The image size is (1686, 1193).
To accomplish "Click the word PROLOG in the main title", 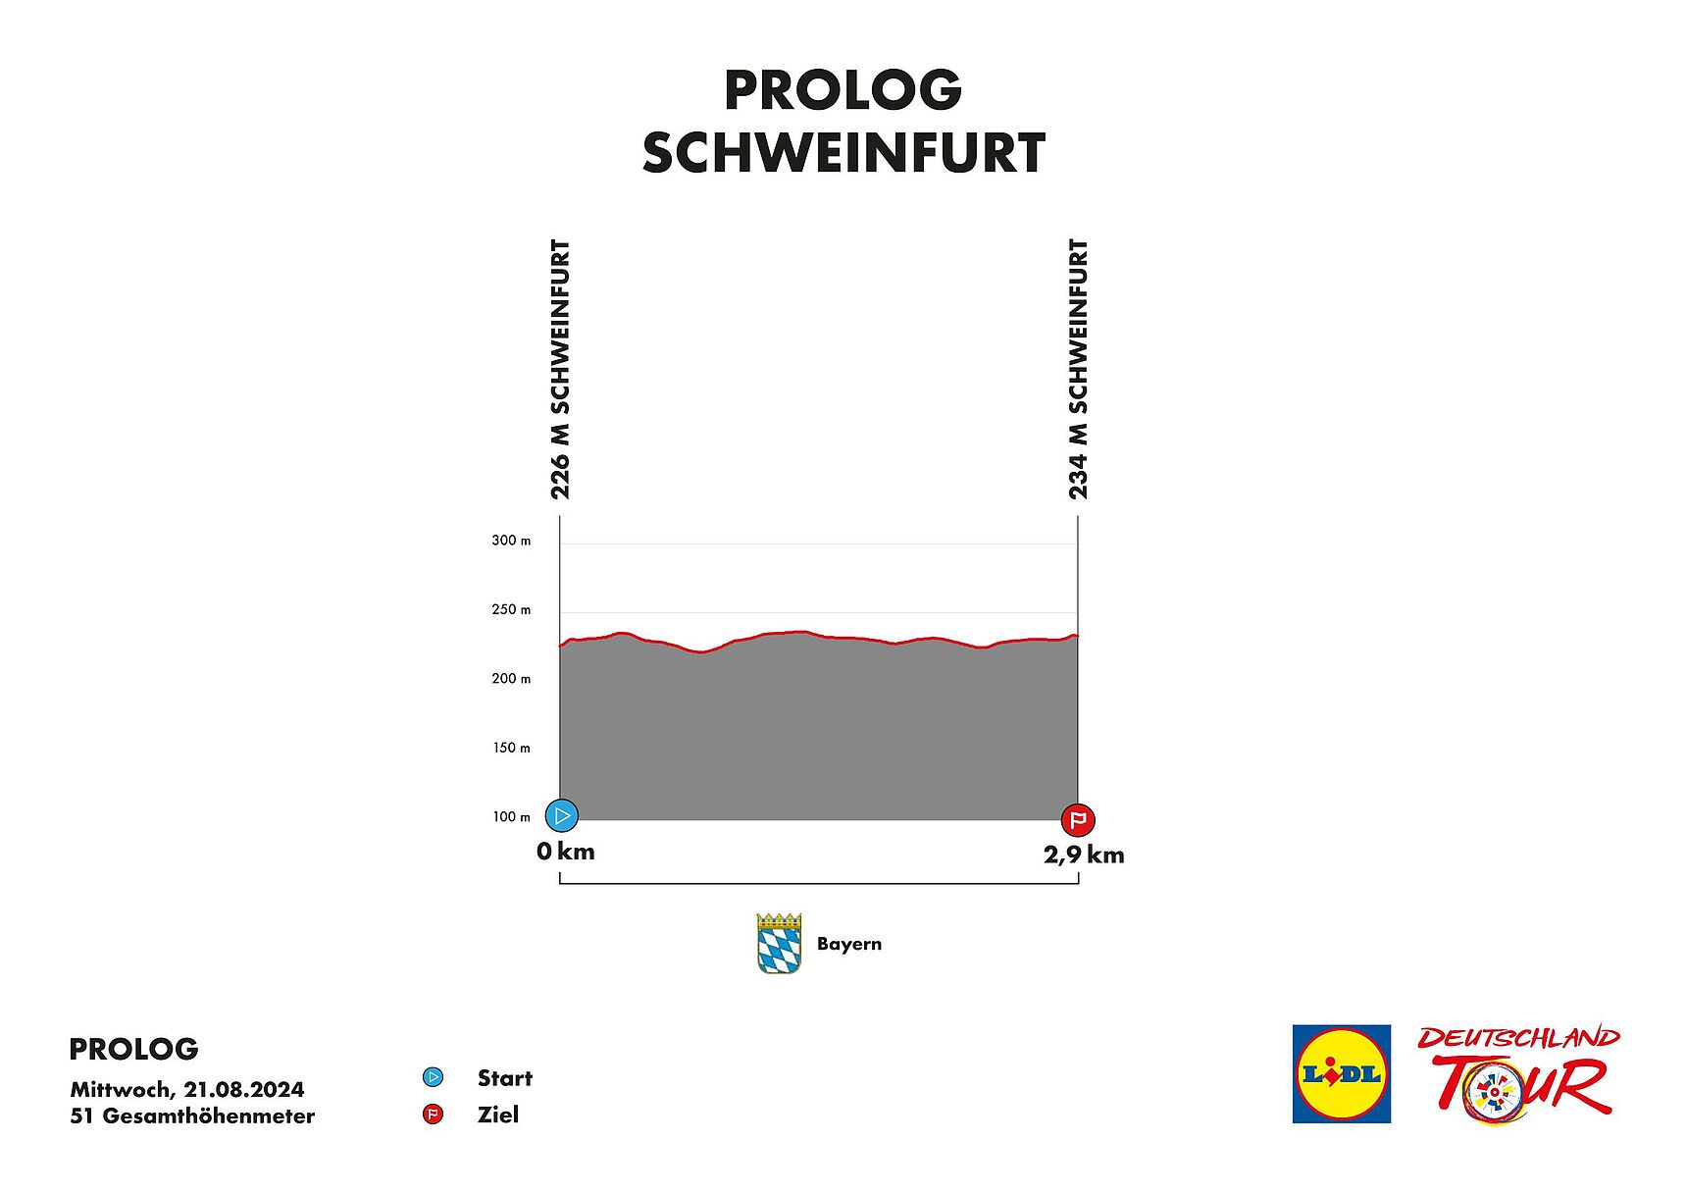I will coord(843,90).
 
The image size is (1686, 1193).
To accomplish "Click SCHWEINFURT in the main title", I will coord(843,153).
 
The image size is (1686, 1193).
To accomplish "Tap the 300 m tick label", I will coord(511,541).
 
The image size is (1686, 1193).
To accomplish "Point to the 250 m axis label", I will coord(511,609).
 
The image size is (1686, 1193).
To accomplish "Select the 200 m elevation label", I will coord(511,679).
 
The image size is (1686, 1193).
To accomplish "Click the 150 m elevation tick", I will coord(511,748).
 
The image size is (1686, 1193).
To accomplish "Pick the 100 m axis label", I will coord(511,816).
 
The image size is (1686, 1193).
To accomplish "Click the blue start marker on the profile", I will coord(562,815).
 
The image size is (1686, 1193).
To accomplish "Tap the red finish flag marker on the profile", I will coord(1078,819).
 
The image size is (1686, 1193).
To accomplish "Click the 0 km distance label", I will coord(566,852).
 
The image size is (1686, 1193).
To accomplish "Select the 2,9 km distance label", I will coord(1084,855).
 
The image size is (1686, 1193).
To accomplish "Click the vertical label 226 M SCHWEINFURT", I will coord(560,369).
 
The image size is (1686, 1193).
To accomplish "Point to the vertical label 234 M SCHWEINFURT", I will coord(1078,369).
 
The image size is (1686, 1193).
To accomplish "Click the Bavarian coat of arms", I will coord(779,944).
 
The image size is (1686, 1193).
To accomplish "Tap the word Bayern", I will coord(849,944).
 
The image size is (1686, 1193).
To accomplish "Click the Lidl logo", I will coord(1341,1073).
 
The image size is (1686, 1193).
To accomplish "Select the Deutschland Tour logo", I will coord(1518,1073).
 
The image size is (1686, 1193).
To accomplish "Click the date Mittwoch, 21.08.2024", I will coord(187,1089).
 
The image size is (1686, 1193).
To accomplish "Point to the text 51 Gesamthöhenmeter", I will coord(192,1115).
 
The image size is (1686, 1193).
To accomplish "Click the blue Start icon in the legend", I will coord(433,1077).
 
